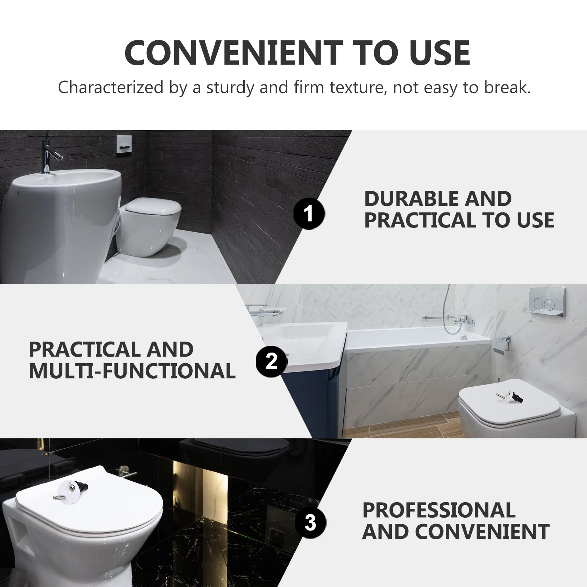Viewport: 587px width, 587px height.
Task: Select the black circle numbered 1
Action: [x=309, y=213]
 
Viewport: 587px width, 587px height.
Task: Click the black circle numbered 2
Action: [x=271, y=361]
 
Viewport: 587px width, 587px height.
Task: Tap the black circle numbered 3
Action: [x=310, y=522]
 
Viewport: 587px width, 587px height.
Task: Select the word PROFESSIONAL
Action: [x=439, y=510]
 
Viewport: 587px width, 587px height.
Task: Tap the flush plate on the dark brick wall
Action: [x=123, y=144]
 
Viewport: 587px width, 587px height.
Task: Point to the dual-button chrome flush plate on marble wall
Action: [x=547, y=303]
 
